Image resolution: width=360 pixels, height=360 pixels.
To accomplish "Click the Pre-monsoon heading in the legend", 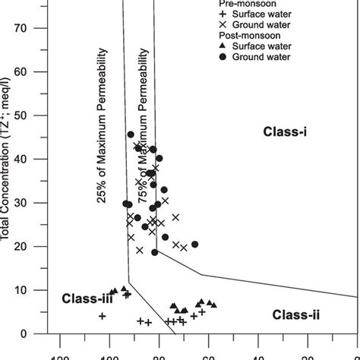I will (x=235, y=4).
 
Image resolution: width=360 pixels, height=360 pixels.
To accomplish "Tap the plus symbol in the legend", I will (x=226, y=14).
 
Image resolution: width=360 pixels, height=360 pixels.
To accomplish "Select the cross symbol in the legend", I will (x=226, y=25).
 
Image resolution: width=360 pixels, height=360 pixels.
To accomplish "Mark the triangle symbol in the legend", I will (x=226, y=46).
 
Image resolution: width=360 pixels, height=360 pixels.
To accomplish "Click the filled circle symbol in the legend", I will (x=226, y=57).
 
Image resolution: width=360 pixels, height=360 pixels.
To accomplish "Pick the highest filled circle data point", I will (x=131, y=134).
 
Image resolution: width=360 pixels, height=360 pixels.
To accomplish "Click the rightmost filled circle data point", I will (x=195, y=245).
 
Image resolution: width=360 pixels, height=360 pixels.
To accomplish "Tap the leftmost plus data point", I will (x=102, y=316).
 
